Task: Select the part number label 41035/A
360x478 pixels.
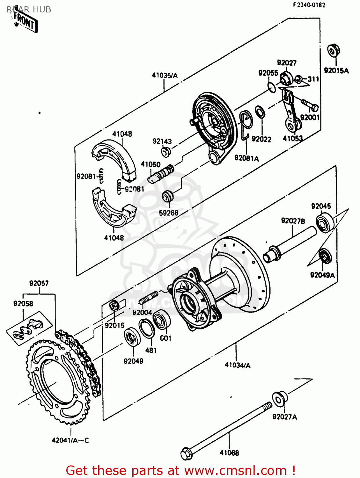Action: (x=165, y=76)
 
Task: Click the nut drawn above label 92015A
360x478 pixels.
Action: (x=334, y=50)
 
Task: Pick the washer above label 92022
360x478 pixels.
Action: (x=260, y=112)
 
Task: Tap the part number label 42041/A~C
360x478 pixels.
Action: (x=70, y=440)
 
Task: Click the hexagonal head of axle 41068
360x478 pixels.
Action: (x=187, y=454)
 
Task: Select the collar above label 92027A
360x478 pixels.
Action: (x=280, y=399)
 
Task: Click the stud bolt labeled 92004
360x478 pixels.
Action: (x=149, y=298)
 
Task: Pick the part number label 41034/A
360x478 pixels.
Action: (x=238, y=365)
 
